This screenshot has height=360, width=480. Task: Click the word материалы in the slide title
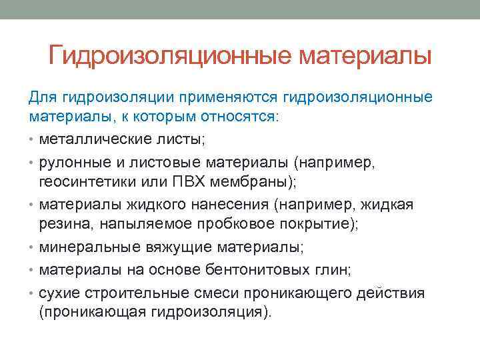[365, 55]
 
